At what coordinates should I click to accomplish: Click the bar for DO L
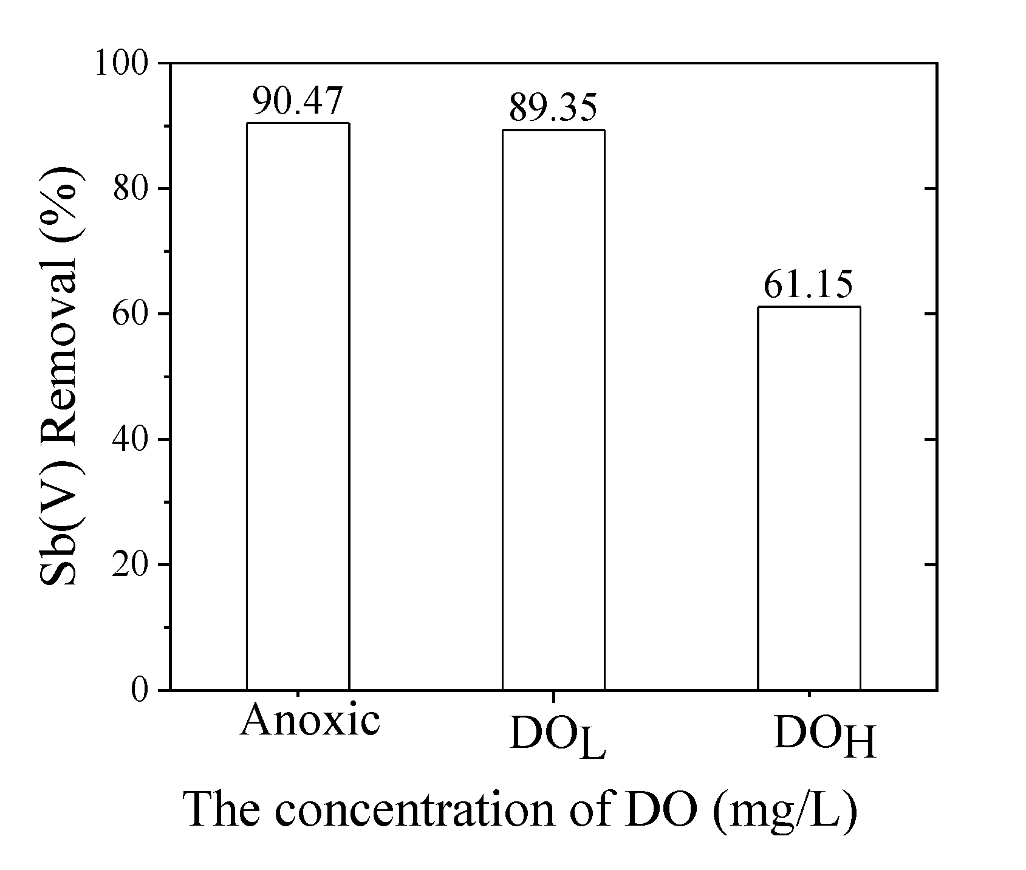click(x=553, y=409)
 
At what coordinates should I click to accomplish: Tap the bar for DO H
click(x=809, y=498)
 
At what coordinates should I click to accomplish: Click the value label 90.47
click(x=298, y=101)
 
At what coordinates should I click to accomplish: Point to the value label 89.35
click(x=553, y=108)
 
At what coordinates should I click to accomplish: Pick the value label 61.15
click(x=809, y=285)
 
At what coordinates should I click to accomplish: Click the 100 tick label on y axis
click(x=122, y=64)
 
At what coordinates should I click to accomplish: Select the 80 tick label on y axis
click(x=131, y=189)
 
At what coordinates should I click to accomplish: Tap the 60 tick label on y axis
click(x=131, y=314)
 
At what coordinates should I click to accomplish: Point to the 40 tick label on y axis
click(x=131, y=439)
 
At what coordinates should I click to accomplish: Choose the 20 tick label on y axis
click(x=131, y=565)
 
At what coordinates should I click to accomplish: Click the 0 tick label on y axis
click(x=140, y=690)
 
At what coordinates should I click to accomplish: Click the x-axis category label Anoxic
click(x=310, y=721)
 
